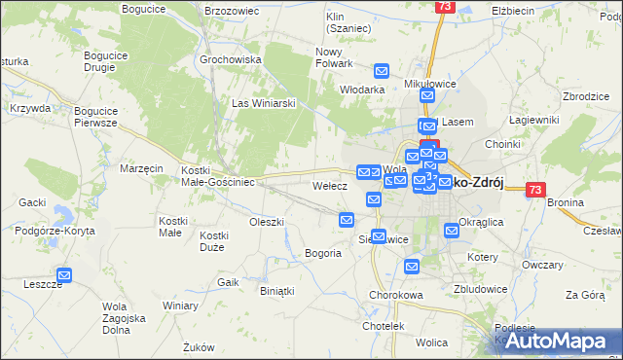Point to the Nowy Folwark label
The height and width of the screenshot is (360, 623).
click(x=333, y=56)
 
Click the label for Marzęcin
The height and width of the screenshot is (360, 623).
click(x=141, y=168)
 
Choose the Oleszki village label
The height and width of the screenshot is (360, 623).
click(x=266, y=222)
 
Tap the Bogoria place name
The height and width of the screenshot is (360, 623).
click(x=323, y=253)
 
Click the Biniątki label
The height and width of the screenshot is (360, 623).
click(x=276, y=290)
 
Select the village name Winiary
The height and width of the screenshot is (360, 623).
click(x=181, y=306)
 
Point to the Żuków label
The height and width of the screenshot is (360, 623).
click(x=199, y=346)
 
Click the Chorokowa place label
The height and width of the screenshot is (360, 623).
click(x=393, y=295)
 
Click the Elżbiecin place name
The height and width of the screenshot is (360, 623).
click(x=515, y=10)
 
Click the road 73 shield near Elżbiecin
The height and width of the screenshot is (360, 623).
click(x=445, y=6)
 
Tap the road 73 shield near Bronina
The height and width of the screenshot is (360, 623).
click(x=534, y=191)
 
